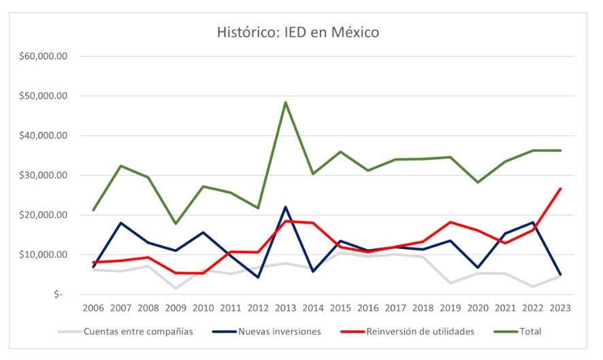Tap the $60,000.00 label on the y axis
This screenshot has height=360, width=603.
(42, 56)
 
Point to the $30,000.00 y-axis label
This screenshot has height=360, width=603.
(42, 176)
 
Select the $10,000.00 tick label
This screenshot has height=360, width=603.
(42, 255)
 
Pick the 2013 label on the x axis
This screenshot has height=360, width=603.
(285, 308)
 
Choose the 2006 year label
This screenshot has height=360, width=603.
(93, 308)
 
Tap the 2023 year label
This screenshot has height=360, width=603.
(560, 308)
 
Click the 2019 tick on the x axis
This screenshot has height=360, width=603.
(450, 308)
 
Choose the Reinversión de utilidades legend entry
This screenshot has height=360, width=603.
(418, 331)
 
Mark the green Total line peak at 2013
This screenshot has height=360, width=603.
(285, 102)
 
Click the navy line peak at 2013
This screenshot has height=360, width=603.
(285, 207)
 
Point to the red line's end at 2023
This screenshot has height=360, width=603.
(560, 189)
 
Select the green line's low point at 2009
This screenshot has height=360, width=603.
(176, 224)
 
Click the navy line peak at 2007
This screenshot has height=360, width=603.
(120, 223)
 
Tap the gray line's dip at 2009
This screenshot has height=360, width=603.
(176, 289)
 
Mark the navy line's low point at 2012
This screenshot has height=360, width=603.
(258, 278)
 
